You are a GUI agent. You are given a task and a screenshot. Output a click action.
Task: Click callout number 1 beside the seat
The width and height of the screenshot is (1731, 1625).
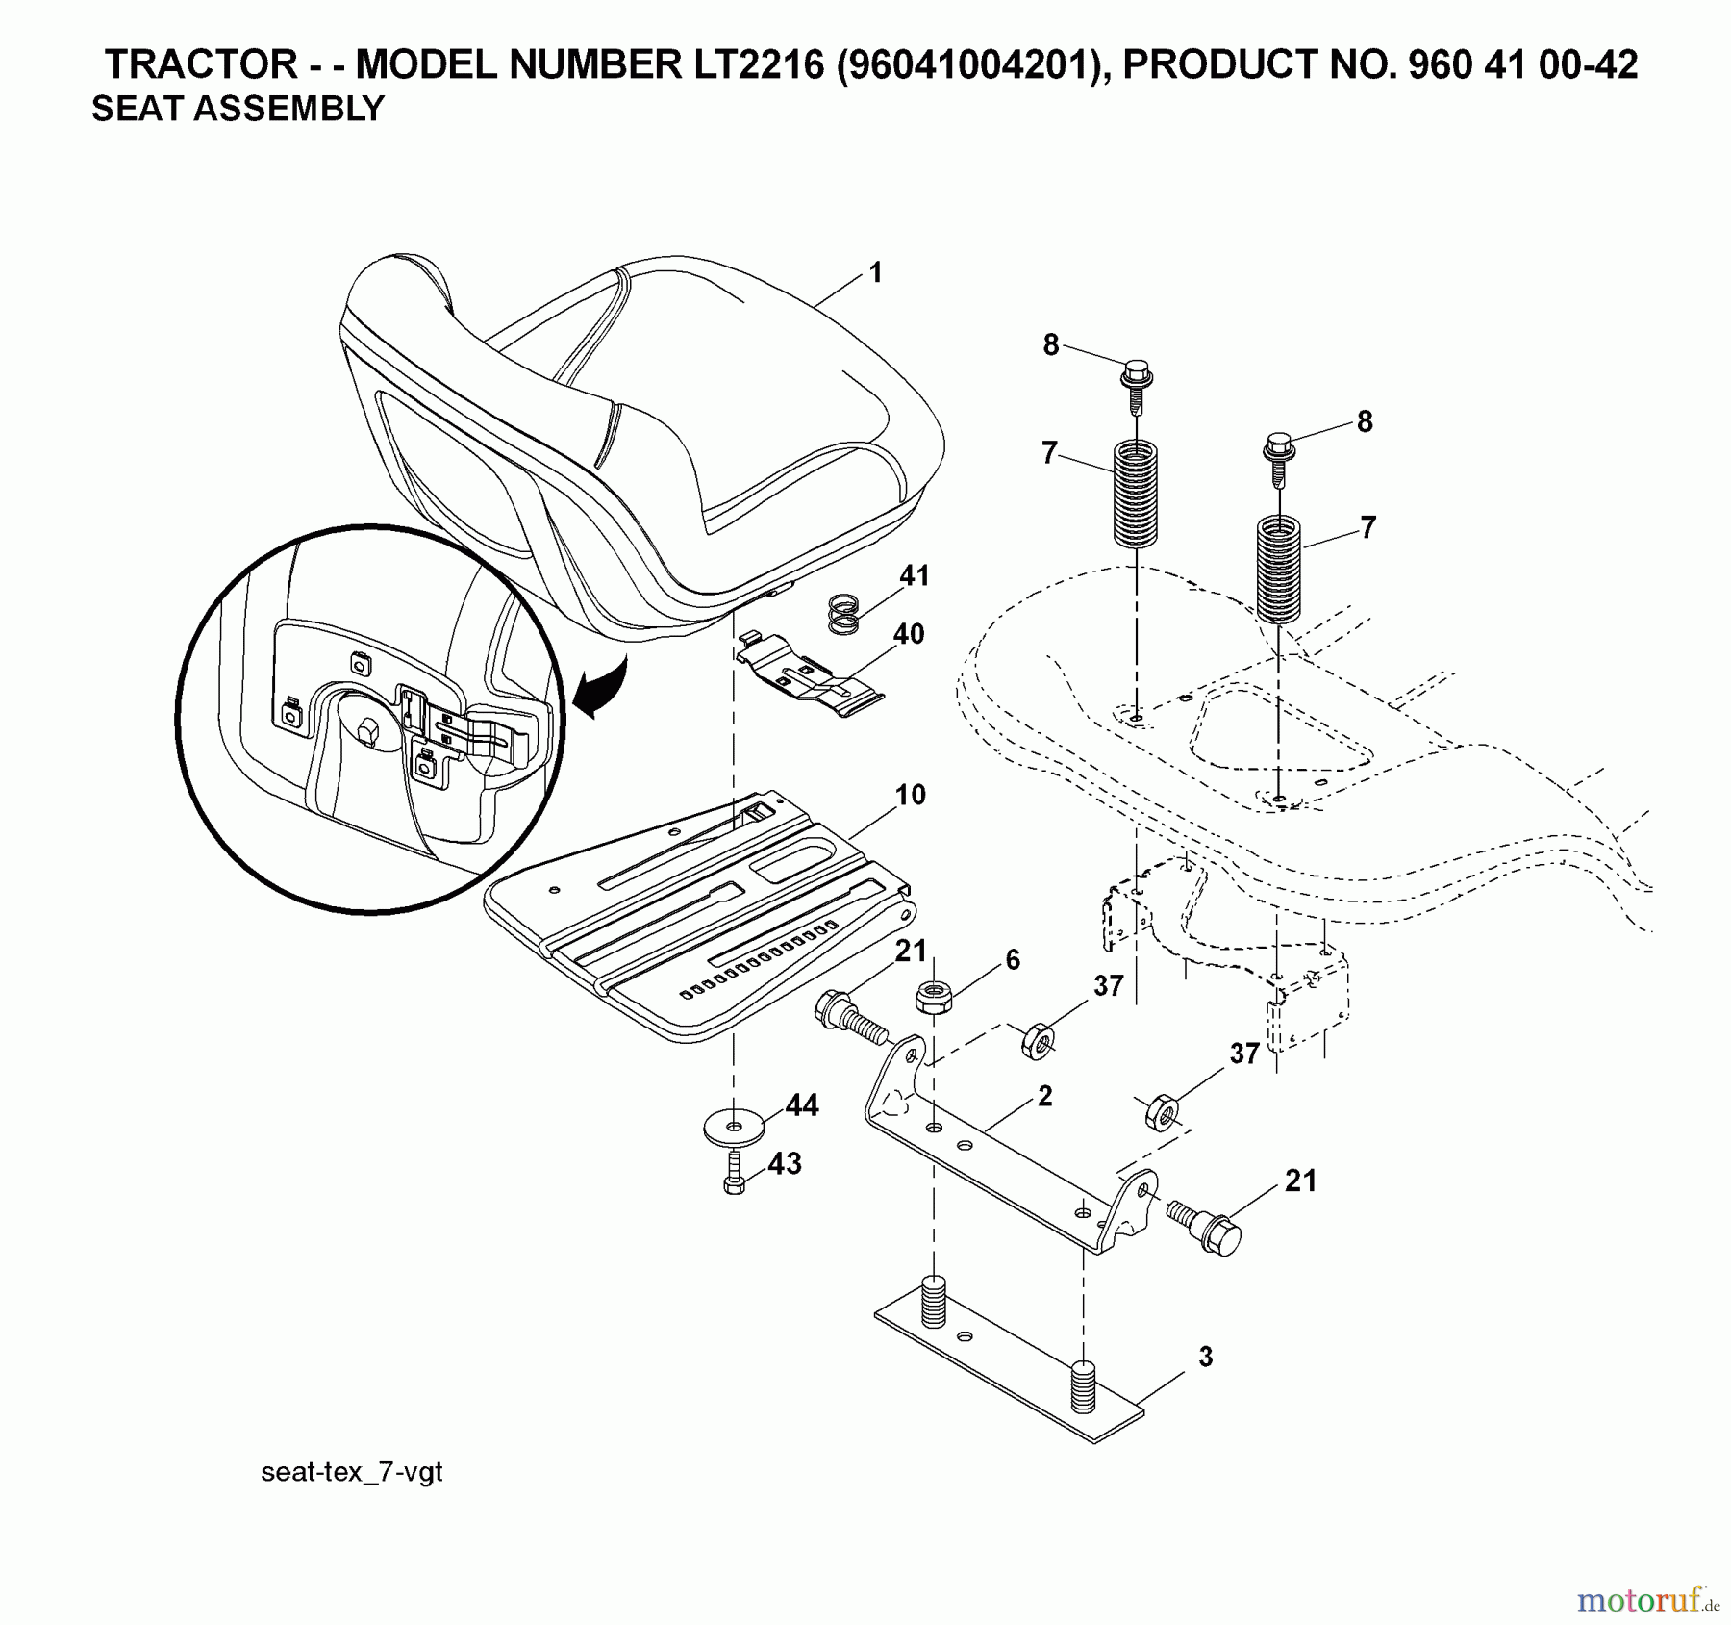pyautogui.click(x=875, y=273)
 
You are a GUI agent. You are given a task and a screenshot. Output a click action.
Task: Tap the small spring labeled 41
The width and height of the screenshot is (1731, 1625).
pyautogui.click(x=843, y=614)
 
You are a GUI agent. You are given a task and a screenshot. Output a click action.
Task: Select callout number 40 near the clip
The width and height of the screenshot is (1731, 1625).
pyautogui.click(x=908, y=634)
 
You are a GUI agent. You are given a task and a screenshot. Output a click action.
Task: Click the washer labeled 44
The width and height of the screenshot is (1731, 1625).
pyautogui.click(x=735, y=1125)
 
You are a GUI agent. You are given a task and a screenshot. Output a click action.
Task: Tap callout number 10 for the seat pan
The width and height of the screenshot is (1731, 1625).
pyautogui.click(x=910, y=795)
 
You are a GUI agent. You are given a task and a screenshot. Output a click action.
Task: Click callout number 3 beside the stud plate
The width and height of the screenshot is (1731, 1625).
pyautogui.click(x=1205, y=1358)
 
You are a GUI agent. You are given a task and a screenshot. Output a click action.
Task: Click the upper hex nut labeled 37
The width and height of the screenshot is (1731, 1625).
pyautogui.click(x=1037, y=1041)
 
